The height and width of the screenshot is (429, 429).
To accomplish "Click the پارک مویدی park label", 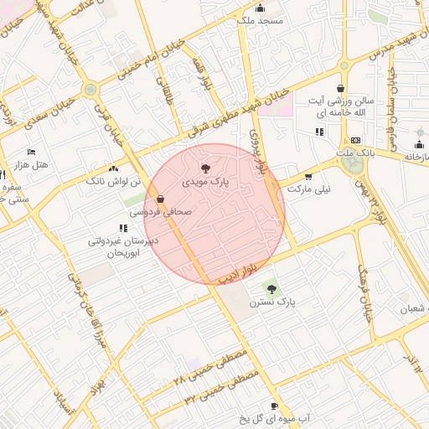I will [x=205, y=180].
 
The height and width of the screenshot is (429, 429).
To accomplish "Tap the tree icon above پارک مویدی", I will [x=206, y=168].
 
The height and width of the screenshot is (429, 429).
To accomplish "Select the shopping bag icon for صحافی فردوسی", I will [x=160, y=199].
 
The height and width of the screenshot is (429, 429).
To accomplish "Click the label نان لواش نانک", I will [x=106, y=180].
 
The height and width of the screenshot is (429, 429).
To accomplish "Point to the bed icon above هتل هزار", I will [x=32, y=152].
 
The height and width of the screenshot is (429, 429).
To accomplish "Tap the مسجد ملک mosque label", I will [x=261, y=19].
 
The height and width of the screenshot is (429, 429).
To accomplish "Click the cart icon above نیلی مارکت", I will [x=309, y=177].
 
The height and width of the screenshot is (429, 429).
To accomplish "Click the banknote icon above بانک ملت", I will [x=356, y=140].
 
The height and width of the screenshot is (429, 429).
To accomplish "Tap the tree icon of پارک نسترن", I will [x=270, y=287].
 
